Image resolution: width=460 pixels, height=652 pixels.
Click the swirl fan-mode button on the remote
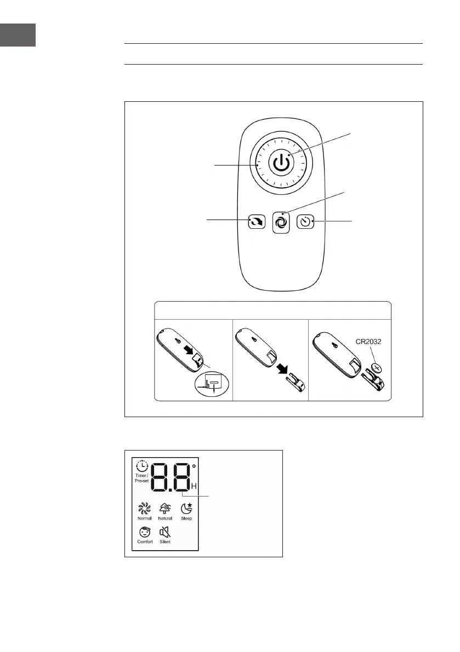(281, 223)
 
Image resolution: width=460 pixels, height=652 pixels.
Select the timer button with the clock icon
(305, 222)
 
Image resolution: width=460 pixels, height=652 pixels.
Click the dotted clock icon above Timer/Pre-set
(142, 466)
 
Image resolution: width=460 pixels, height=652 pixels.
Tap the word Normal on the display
(145, 518)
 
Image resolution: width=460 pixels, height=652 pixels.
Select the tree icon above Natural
(164, 508)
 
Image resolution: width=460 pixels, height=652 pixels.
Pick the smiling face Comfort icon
(145, 532)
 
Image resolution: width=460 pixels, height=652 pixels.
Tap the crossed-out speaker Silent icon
(164, 532)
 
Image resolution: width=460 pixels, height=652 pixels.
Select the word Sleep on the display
(186, 518)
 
